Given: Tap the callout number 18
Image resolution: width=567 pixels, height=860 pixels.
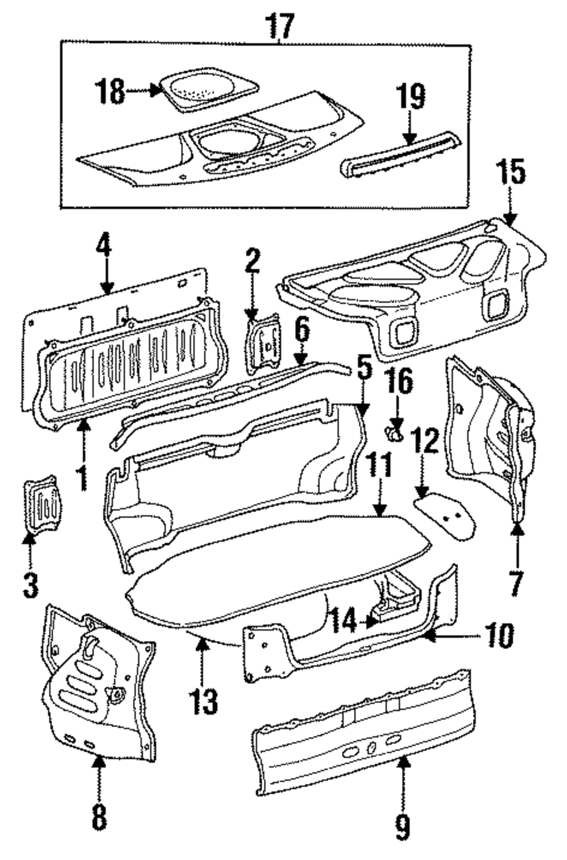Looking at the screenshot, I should pos(109,91).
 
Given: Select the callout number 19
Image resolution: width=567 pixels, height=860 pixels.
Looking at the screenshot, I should pos(411,97).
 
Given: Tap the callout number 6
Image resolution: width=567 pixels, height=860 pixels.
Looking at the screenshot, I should pos(302,330).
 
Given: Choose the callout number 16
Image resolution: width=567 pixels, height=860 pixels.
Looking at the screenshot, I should pos(400,383).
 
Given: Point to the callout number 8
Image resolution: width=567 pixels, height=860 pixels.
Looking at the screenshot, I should pos(99,818).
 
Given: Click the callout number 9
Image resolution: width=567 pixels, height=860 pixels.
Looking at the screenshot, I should pos(402,827).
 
